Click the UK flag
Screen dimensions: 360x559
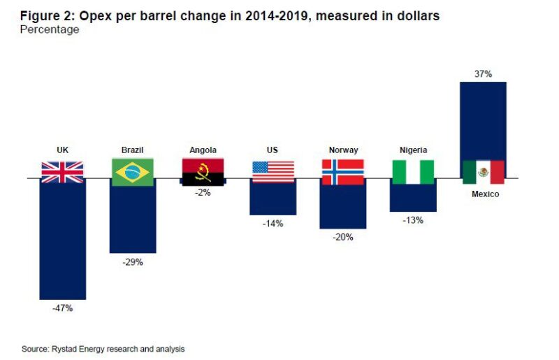click(62, 171)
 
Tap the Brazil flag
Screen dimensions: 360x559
click(132, 172)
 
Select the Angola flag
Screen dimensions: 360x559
click(203, 171)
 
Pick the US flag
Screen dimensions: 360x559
click(273, 171)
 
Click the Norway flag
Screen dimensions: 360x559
click(342, 172)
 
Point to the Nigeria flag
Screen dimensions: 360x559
click(413, 172)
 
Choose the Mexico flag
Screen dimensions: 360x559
click(483, 172)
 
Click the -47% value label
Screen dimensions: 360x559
click(62, 308)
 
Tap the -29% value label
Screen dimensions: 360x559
click(132, 262)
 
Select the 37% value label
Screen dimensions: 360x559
click(483, 73)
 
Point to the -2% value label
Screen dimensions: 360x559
click(203, 194)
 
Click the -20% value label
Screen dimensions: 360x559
click(342, 237)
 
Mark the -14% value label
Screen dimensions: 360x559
click(273, 223)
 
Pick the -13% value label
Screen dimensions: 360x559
click(413, 220)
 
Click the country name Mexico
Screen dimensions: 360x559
click(483, 194)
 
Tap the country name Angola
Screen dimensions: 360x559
click(203, 150)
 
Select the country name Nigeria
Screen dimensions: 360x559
click(413, 150)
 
